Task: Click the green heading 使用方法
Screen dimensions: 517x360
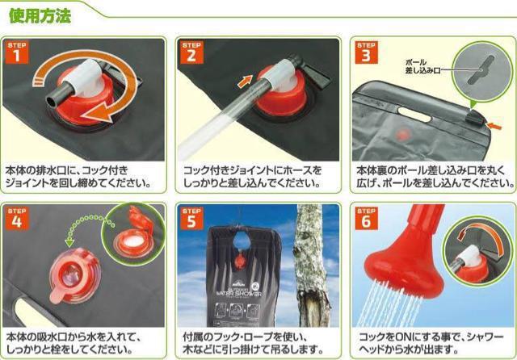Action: tap(40, 16)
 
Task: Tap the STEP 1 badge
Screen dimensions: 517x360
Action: tap(17, 52)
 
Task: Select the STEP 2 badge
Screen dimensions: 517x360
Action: tap(191, 52)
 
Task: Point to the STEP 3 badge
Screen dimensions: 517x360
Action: tap(366, 52)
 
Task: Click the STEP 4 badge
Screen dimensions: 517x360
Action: tap(17, 219)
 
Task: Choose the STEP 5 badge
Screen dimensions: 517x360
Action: tap(191, 219)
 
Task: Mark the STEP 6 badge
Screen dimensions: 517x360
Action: tap(366, 219)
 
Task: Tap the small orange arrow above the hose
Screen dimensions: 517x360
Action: tap(245, 82)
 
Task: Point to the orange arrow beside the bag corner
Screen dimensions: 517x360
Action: tap(494, 125)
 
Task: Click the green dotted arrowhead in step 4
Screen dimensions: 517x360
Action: tap(69, 243)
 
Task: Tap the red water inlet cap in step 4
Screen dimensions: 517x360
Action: tap(75, 274)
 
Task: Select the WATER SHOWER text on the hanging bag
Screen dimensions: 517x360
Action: tap(239, 293)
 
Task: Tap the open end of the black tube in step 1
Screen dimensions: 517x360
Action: tap(50, 101)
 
